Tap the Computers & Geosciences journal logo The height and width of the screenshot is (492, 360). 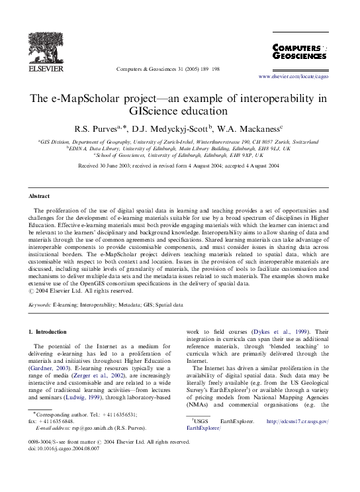[299, 52]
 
